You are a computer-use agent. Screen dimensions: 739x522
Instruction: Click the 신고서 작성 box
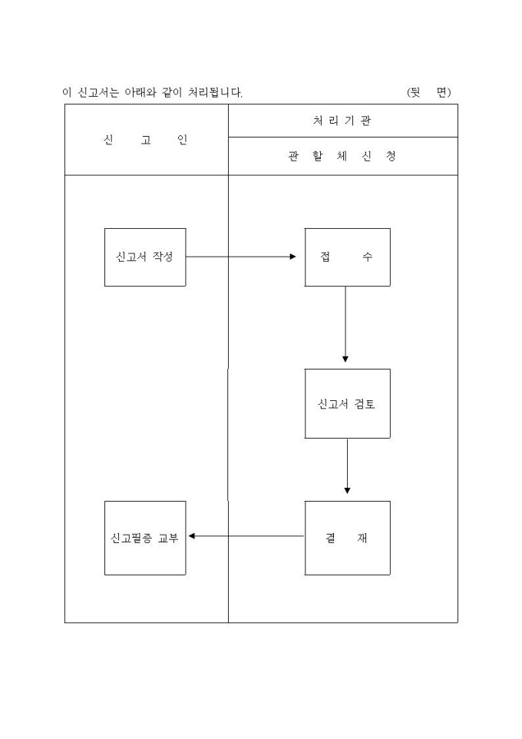pyautogui.click(x=145, y=257)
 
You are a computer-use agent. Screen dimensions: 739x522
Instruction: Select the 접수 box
pyautogui.click(x=347, y=257)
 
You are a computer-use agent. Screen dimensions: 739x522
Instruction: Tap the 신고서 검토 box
pyautogui.click(x=347, y=403)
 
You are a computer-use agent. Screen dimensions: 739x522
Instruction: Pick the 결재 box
pyautogui.click(x=347, y=538)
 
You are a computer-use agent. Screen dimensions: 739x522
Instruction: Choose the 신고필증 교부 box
pyautogui.click(x=145, y=538)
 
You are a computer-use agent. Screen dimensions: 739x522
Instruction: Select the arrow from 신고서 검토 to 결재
pyautogui.click(x=347, y=466)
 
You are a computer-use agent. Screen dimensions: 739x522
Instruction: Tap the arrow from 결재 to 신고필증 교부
pyautogui.click(x=246, y=536)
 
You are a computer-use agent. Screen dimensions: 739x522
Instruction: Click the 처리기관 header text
pyautogui.click(x=342, y=121)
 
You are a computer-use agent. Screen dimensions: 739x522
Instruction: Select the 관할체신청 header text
pyautogui.click(x=342, y=157)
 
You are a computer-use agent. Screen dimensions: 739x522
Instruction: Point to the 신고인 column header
pyautogui.click(x=145, y=140)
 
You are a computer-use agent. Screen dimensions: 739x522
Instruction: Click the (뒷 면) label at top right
pyautogui.click(x=429, y=92)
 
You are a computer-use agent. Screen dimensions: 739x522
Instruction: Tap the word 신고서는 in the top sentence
pyautogui.click(x=97, y=92)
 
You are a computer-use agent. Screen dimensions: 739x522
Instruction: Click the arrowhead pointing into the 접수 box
pyautogui.click(x=292, y=257)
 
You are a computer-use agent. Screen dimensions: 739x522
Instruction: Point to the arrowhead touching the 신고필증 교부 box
pyautogui.click(x=192, y=536)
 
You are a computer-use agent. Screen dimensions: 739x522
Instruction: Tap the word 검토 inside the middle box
pyautogui.click(x=365, y=403)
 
